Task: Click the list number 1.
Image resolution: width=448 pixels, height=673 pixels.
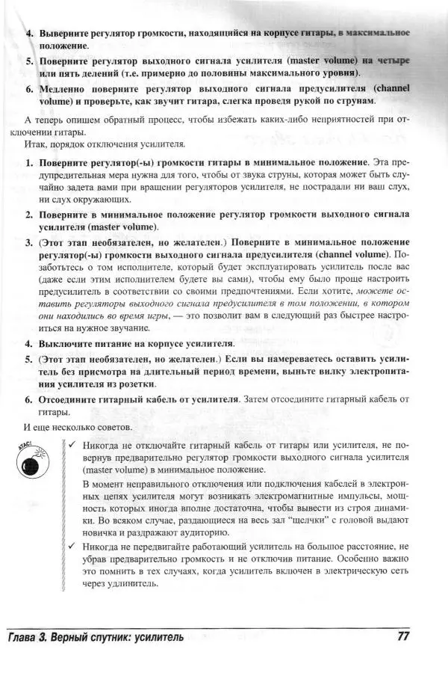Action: coord(29,162)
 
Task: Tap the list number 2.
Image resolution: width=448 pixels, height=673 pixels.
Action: coord(29,214)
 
